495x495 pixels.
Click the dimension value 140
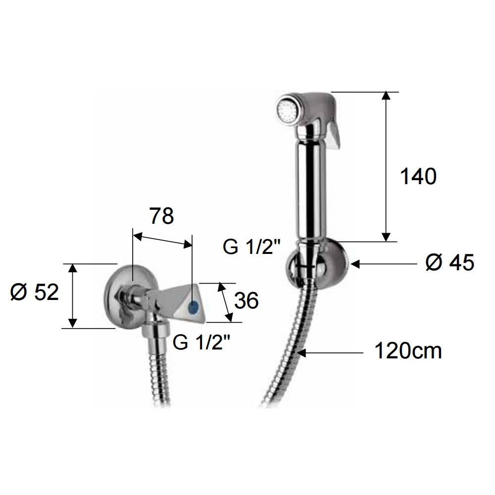tap(418, 177)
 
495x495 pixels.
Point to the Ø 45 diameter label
tap(449, 263)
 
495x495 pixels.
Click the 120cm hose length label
tap(407, 352)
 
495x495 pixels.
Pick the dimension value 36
tap(246, 300)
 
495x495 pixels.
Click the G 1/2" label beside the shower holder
tap(251, 247)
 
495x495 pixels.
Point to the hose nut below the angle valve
tap(155, 334)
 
